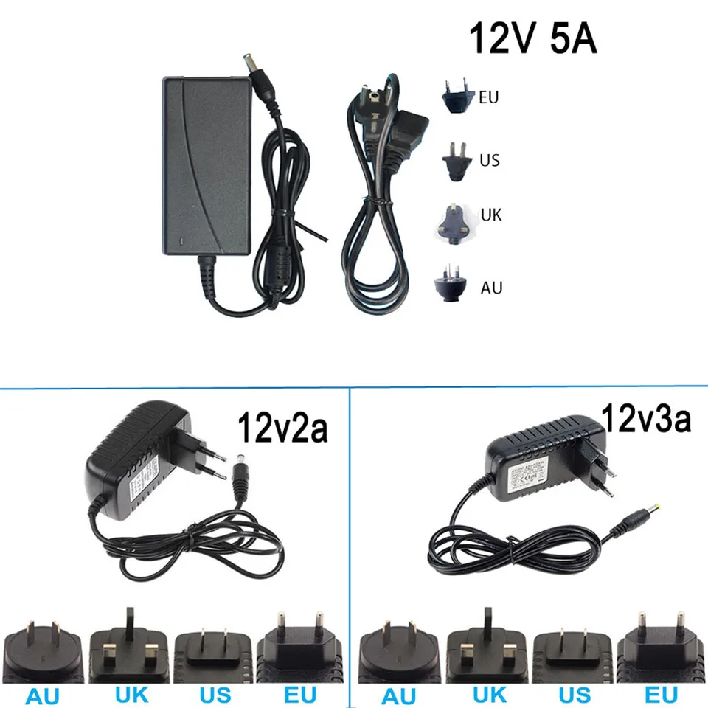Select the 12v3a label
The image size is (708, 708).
click(x=647, y=419)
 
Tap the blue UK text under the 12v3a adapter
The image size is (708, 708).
click(x=489, y=694)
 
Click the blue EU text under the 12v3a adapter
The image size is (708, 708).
click(x=660, y=694)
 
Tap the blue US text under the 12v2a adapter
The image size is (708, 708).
click(x=214, y=694)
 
